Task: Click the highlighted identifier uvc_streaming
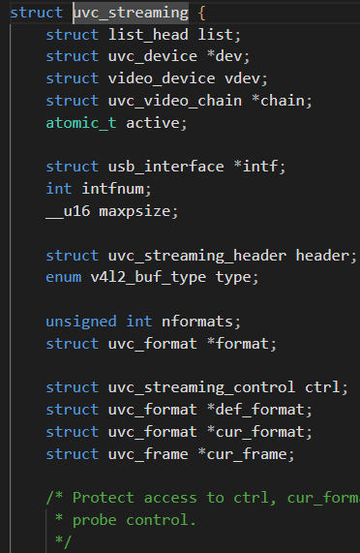click(x=131, y=13)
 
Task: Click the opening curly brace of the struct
click(x=201, y=13)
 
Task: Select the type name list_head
click(x=148, y=35)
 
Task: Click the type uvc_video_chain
click(x=175, y=101)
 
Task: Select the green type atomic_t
click(x=81, y=123)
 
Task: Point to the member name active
click(x=153, y=123)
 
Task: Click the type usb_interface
click(x=165, y=167)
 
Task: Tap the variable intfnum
click(x=112, y=189)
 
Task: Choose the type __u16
click(x=68, y=211)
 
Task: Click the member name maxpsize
click(x=135, y=211)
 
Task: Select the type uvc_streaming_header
click(x=197, y=256)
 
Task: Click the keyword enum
click(x=64, y=277)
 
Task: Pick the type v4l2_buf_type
click(x=148, y=277)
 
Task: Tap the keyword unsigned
click(x=81, y=322)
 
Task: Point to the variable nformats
click(x=196, y=322)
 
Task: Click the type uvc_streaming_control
click(x=201, y=387)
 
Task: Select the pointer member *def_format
click(x=255, y=410)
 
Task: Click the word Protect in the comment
click(x=104, y=498)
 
